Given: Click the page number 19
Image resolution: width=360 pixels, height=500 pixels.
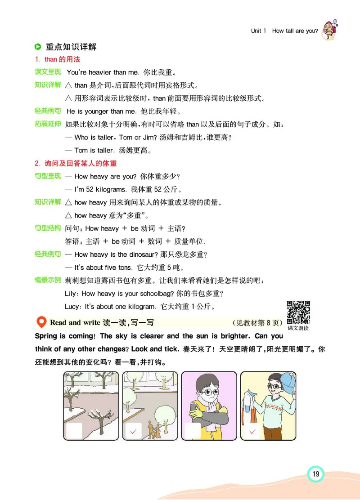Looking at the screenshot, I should [315, 473].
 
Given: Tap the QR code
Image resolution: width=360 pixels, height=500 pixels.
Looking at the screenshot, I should [298, 311].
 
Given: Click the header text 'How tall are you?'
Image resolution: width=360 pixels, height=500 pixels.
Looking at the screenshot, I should [295, 31].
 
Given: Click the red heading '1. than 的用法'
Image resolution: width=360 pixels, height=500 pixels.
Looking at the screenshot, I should [58, 59].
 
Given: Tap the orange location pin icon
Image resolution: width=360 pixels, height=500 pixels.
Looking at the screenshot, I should [41, 322].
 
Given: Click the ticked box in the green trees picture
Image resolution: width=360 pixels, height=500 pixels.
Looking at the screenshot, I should [133, 431].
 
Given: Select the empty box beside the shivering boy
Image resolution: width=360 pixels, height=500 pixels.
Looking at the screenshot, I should [193, 431].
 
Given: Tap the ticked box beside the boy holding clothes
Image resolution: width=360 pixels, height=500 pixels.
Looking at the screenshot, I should [252, 431].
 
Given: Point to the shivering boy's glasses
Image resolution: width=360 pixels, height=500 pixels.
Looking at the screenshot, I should [209, 391].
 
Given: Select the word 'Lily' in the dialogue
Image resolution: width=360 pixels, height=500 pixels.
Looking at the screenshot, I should [72, 294].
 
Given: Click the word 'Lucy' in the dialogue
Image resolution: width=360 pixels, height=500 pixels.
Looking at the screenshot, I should [73, 307].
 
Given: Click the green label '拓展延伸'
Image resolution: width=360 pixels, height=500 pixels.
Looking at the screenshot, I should [48, 124].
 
